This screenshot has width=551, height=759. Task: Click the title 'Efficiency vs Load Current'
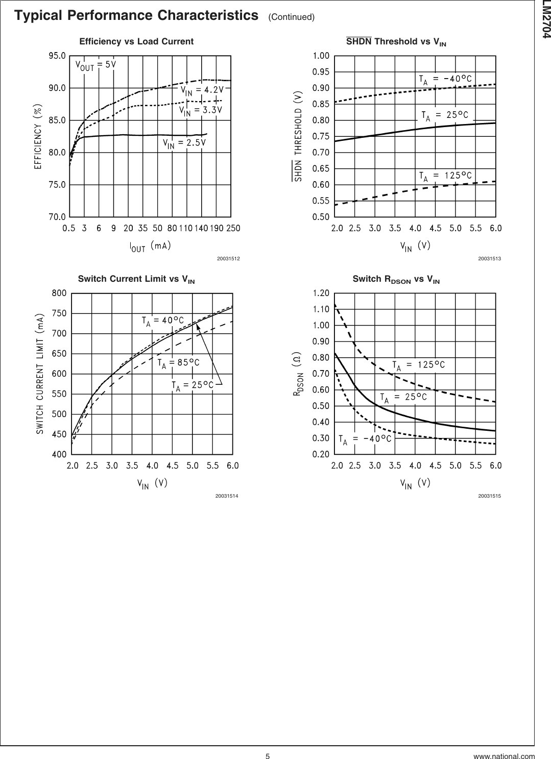click(x=136, y=41)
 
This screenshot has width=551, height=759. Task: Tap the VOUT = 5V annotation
click(x=96, y=65)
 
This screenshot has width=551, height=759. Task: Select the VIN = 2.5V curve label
click(x=184, y=143)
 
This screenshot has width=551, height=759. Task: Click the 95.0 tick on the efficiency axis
click(x=57, y=56)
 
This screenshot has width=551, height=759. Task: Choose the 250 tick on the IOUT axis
click(x=233, y=228)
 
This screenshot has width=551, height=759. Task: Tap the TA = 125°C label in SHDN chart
click(x=445, y=176)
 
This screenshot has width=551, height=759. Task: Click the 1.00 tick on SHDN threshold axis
click(x=321, y=56)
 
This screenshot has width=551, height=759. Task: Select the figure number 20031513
click(x=489, y=259)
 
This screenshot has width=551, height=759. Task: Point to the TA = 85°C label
click(x=178, y=363)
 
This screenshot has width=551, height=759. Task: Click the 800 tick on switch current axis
click(x=59, y=293)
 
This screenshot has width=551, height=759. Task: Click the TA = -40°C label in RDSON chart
click(x=365, y=439)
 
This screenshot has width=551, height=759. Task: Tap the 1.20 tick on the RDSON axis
click(x=321, y=293)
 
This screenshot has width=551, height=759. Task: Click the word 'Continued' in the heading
click(x=291, y=18)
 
